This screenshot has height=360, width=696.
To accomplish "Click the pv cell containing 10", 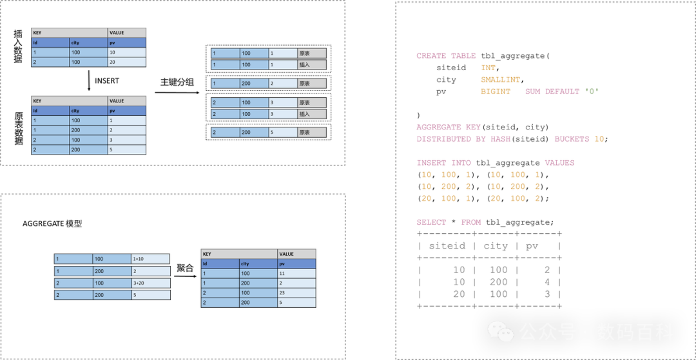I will tap(126, 52).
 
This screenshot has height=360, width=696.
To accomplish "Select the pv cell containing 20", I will tap(126, 62).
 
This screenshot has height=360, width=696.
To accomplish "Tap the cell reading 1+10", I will tap(150, 259).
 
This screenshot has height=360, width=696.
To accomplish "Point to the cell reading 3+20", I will tap(150, 283).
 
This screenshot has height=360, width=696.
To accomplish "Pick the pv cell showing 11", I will tap(296, 273).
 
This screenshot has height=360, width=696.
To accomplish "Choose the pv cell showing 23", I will tap(296, 292).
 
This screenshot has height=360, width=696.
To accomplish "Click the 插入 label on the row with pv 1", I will tap(311, 65).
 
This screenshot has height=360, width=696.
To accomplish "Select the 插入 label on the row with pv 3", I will tap(311, 114).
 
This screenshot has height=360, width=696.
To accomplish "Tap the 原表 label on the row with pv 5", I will tap(311, 133).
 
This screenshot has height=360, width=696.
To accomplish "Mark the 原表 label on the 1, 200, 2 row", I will tap(311, 84).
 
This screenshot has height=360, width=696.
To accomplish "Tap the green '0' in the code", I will tap(591, 91).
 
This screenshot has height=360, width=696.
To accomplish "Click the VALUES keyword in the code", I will tap(559, 163).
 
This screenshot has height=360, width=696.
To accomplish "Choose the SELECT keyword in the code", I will tap(431, 222).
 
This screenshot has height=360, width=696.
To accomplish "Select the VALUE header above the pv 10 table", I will tap(127, 33).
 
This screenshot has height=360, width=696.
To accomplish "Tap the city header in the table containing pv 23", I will tap(258, 263).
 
